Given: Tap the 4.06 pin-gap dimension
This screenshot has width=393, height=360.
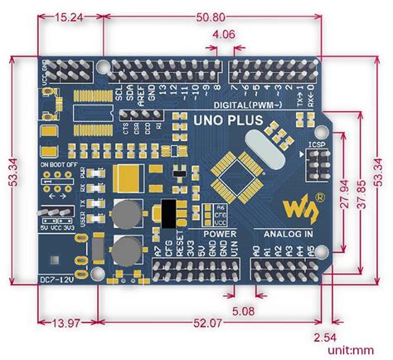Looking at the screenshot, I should pos(223,35).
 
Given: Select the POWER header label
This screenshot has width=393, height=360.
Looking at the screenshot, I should pos(219,234).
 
